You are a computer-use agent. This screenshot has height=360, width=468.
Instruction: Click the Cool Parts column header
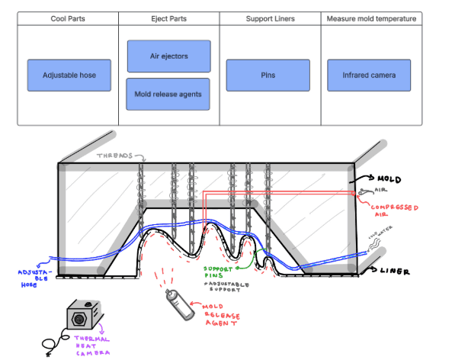point(67,18)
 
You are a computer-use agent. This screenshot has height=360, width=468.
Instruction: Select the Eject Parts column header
point(168,18)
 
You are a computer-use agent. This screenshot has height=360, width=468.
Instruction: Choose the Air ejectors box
point(168,56)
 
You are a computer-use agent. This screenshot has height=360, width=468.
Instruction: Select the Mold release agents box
point(168,94)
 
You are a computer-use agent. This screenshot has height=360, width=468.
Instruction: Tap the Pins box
point(268,76)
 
